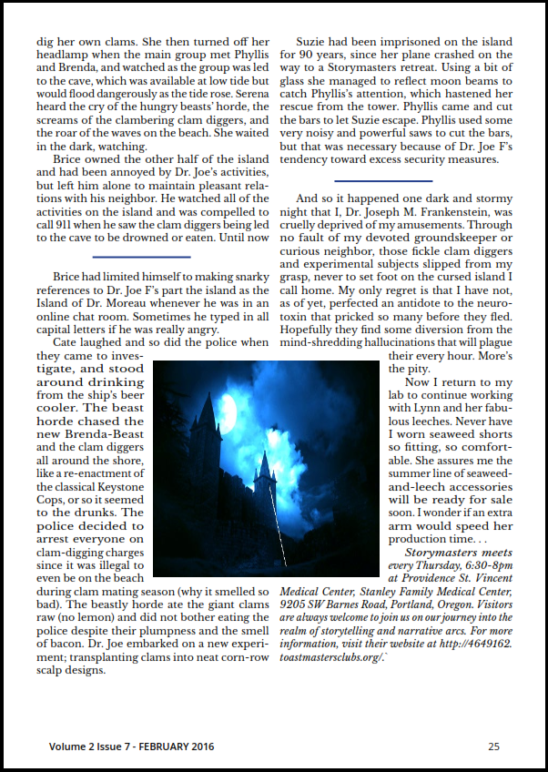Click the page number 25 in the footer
pos(493,747)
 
